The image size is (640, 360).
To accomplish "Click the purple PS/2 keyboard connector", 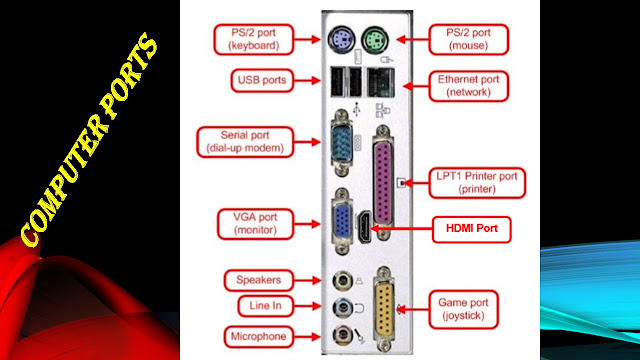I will point(339,40).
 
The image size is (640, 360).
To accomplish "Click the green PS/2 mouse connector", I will point(378,40).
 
